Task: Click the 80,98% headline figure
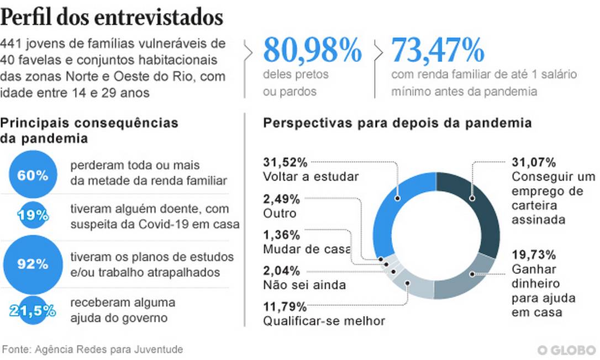[312, 50]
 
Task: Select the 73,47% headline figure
[438, 50]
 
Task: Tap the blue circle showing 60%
[33, 175]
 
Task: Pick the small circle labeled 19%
[33, 215]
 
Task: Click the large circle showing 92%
[33, 264]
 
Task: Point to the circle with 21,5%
[33, 310]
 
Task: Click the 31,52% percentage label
[285, 162]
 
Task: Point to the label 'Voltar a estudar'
[311, 177]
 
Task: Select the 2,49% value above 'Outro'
[281, 199]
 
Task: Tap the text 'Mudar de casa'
[307, 249]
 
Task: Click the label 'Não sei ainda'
[304, 285]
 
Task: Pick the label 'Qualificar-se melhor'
[324, 321]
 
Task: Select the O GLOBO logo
[567, 350]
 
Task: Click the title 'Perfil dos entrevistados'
[112, 18]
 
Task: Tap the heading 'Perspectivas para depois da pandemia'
[397, 123]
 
